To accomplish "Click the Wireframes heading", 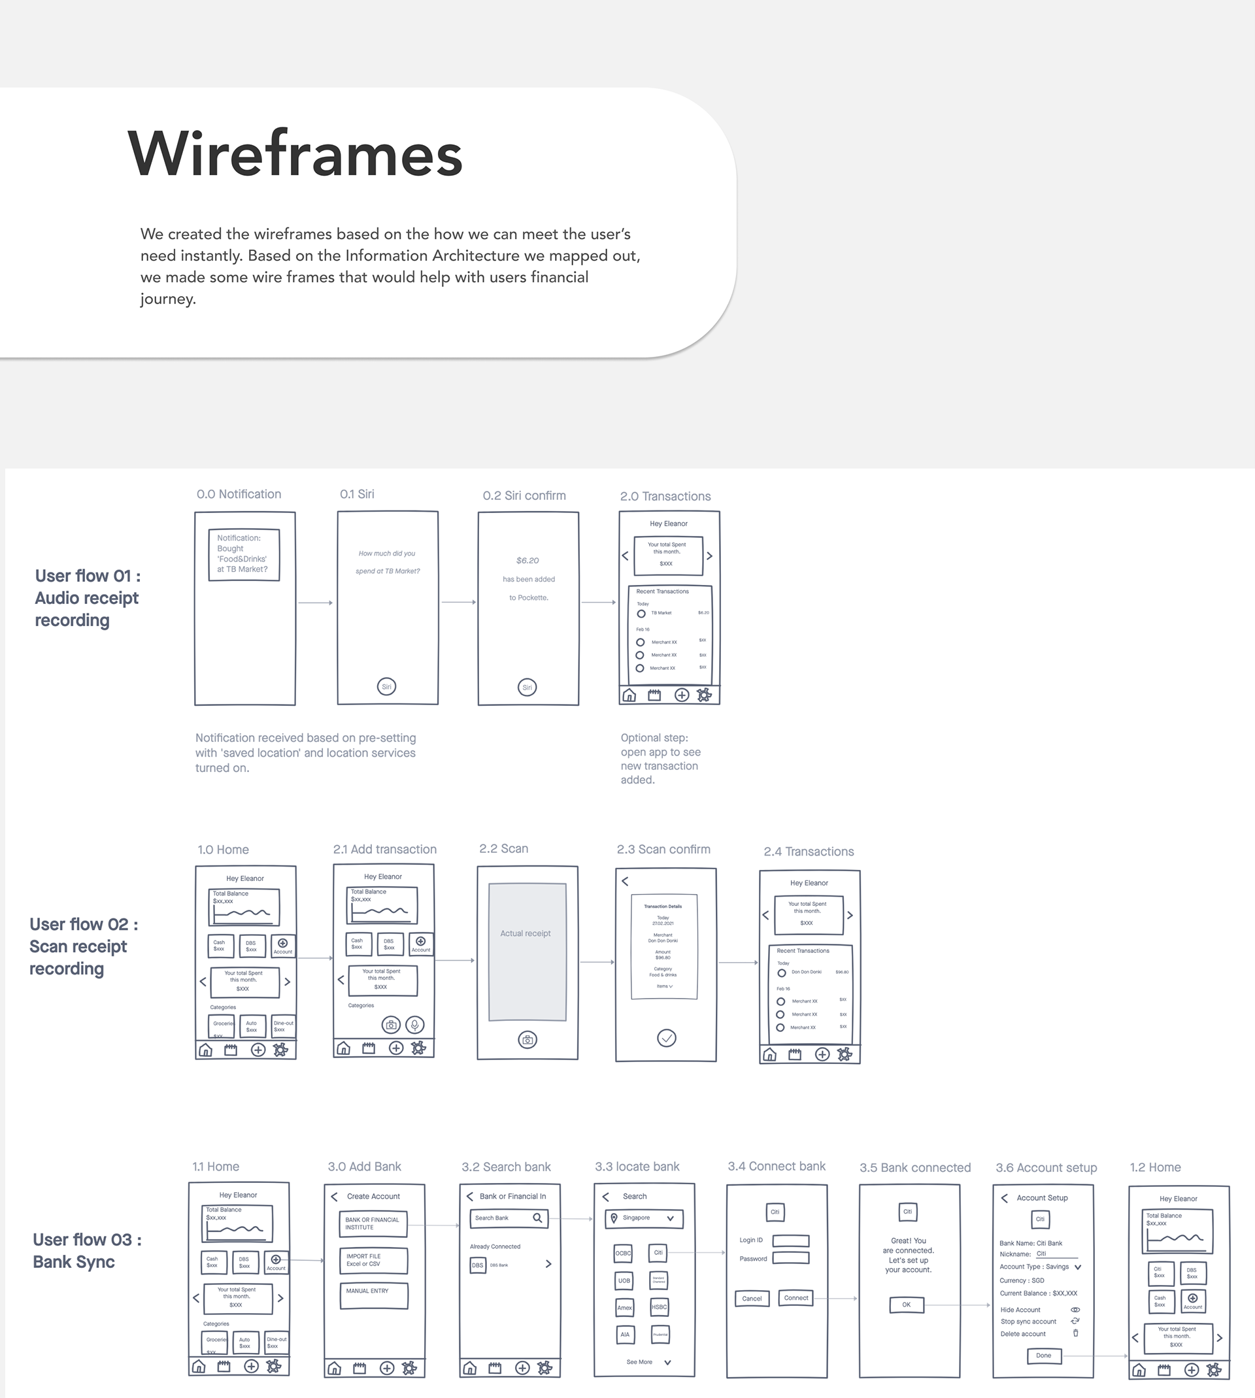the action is [x=295, y=154].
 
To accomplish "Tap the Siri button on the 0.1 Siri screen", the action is [x=387, y=687].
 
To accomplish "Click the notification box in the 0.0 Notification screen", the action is [x=244, y=554].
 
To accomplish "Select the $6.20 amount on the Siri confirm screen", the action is [x=527, y=560].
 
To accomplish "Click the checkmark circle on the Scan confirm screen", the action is [x=666, y=1038].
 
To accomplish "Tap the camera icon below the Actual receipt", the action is [x=527, y=1040].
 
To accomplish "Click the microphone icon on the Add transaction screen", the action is [x=415, y=1025].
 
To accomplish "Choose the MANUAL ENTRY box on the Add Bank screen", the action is [x=374, y=1296].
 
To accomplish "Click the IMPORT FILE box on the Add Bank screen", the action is [x=374, y=1261].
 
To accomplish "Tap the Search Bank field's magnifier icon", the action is [x=537, y=1218].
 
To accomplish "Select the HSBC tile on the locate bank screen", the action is [x=660, y=1307].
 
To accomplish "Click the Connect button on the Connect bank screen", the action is [x=795, y=1298].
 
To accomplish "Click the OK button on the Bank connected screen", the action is [x=906, y=1305].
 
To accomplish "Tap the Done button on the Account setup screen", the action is [x=1043, y=1356].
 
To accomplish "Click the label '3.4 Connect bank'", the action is [x=777, y=1167].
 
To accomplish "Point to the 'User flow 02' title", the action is [x=84, y=924].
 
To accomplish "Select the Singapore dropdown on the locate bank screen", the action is [x=644, y=1218].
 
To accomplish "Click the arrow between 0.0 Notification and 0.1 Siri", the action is [x=316, y=603].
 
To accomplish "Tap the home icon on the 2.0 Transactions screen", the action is [x=629, y=695].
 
